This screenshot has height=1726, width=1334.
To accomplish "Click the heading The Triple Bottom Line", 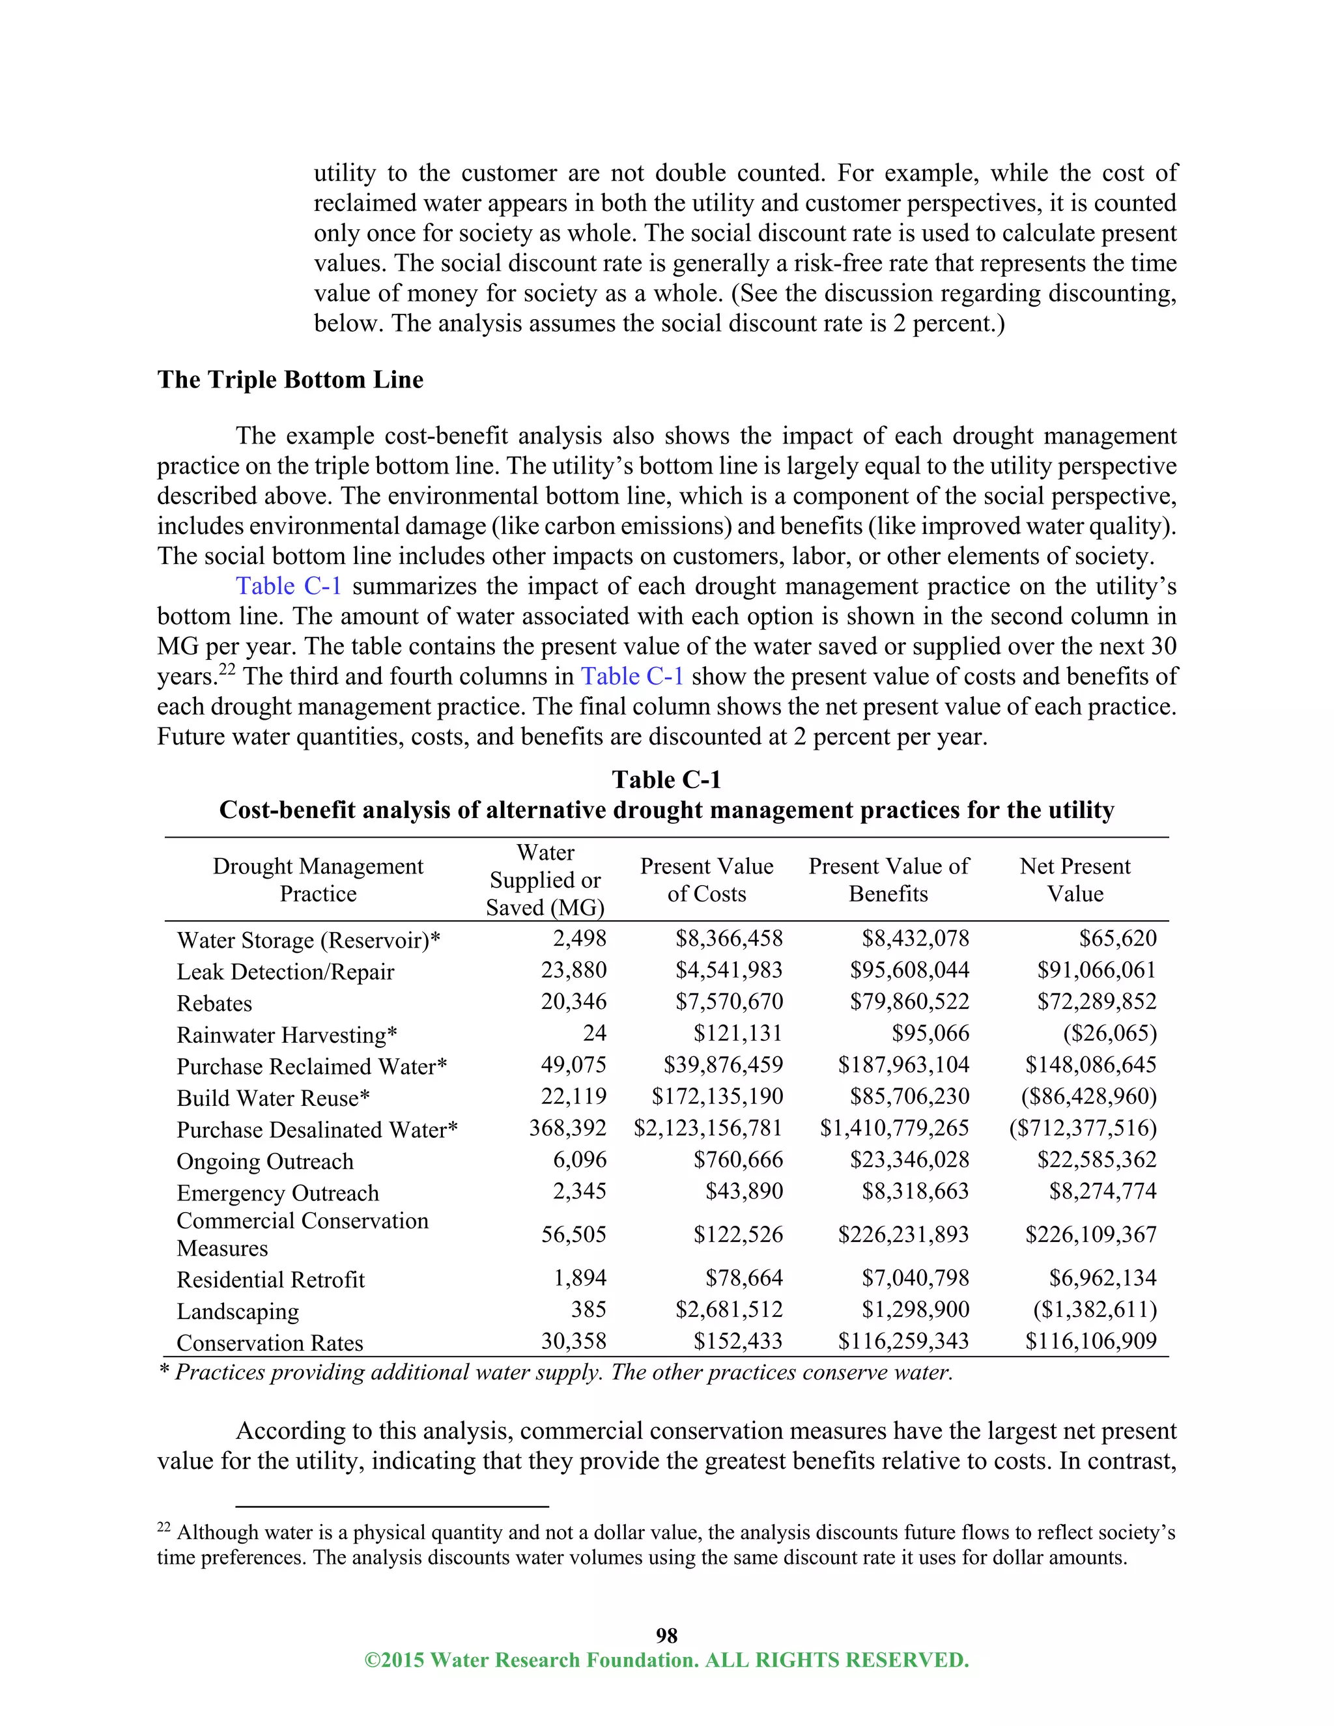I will (x=290, y=380).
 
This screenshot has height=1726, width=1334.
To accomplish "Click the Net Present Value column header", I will (x=1074, y=879).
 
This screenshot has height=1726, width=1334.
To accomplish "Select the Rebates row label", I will (x=214, y=1004).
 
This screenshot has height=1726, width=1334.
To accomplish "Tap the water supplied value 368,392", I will (x=567, y=1129).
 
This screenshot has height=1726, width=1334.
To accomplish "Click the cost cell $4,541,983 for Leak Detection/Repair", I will (x=729, y=970).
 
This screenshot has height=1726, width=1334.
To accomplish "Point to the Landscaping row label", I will (x=237, y=1312).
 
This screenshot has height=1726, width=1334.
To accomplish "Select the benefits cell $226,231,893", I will (x=903, y=1234).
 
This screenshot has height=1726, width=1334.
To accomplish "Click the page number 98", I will (x=666, y=1635).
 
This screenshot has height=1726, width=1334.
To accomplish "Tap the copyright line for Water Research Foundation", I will (x=666, y=1660).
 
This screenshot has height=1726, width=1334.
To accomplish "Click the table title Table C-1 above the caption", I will (x=666, y=780).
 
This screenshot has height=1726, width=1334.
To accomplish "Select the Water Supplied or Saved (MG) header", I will (x=545, y=879).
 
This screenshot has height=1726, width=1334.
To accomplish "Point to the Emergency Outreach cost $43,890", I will (x=744, y=1191).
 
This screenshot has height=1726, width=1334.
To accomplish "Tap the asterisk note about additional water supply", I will (x=556, y=1373).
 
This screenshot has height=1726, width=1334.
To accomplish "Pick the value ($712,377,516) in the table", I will (x=1083, y=1129).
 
